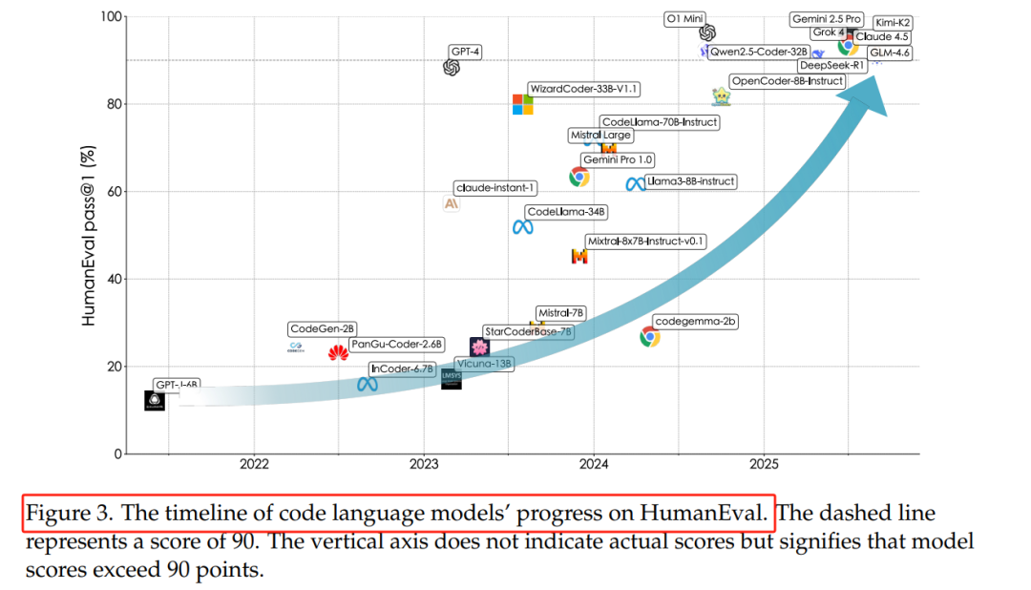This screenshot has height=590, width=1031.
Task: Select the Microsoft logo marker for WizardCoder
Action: coord(523,104)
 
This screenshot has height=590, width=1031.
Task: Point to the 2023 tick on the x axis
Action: coord(424,465)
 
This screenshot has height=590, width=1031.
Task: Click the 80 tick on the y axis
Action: coord(111,104)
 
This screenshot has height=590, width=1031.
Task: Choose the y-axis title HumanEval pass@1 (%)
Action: coord(89,237)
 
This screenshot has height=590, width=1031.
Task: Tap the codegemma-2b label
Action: coord(695,322)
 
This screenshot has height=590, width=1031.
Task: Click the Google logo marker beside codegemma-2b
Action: coord(650,336)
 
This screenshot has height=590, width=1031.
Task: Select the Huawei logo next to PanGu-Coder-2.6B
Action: coord(338,353)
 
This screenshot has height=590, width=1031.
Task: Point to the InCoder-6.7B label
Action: coord(402,369)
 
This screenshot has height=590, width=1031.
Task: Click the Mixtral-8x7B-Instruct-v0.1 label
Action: coord(645,242)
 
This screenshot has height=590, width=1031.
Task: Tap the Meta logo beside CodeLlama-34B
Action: coord(522,226)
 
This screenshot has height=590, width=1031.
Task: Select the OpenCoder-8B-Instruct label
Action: coord(787,81)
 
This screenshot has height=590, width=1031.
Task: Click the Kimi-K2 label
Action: coord(894,22)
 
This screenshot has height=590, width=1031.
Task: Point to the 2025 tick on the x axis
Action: coord(763,465)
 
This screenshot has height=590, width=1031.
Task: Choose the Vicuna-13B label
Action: coord(485,364)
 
